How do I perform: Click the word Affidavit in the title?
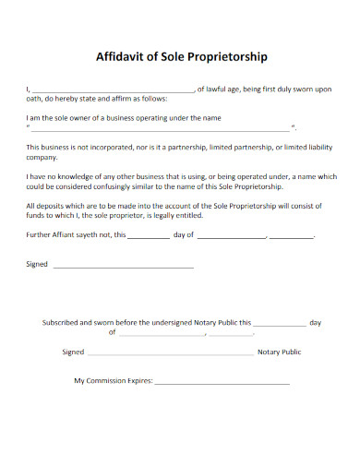click(x=122, y=56)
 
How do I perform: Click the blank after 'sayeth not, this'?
click(x=148, y=236)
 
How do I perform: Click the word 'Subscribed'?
click(x=62, y=323)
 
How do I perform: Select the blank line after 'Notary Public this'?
click(x=279, y=325)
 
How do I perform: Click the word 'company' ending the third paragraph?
click(x=42, y=157)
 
